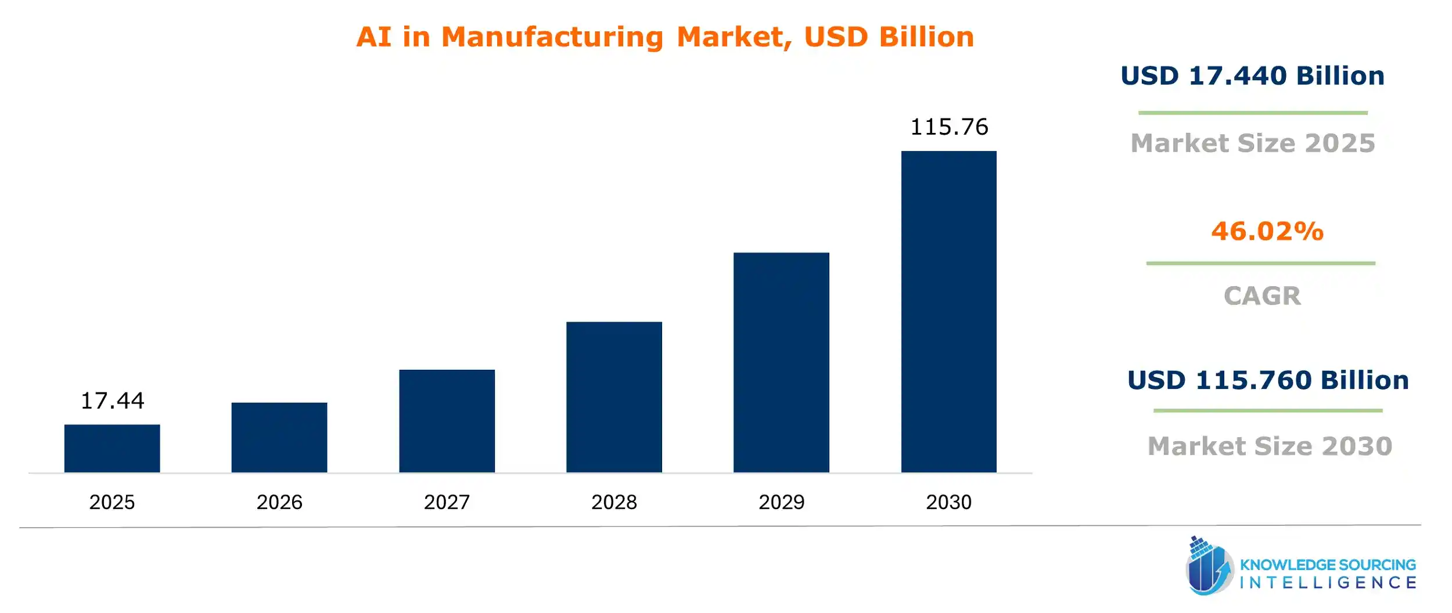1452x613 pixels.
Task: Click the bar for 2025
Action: coord(112,448)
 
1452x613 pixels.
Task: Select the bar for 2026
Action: coord(279,437)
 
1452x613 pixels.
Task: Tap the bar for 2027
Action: coord(447,421)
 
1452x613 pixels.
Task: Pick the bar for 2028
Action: coord(614,397)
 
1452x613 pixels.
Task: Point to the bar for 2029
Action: coord(781,362)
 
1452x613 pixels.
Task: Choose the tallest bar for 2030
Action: coord(948,312)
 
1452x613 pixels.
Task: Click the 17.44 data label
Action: coord(112,401)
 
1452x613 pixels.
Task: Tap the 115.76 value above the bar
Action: coord(948,127)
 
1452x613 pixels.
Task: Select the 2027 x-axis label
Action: coord(447,502)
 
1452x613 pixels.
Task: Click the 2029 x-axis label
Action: coord(781,502)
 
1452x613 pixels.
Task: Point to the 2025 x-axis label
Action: coord(112,502)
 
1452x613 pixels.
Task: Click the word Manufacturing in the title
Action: coord(552,37)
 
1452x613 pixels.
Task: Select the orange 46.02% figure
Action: coord(1267,231)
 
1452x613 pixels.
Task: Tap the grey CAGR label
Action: coord(1262,296)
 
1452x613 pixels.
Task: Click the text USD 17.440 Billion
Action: coord(1252,76)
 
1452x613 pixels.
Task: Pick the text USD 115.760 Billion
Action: coord(1268,380)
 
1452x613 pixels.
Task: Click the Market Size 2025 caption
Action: coord(1253,143)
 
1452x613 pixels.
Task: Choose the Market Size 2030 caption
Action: coord(1270,446)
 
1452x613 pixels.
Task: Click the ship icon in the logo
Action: coord(1209,567)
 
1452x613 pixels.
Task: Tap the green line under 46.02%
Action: coord(1260,264)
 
